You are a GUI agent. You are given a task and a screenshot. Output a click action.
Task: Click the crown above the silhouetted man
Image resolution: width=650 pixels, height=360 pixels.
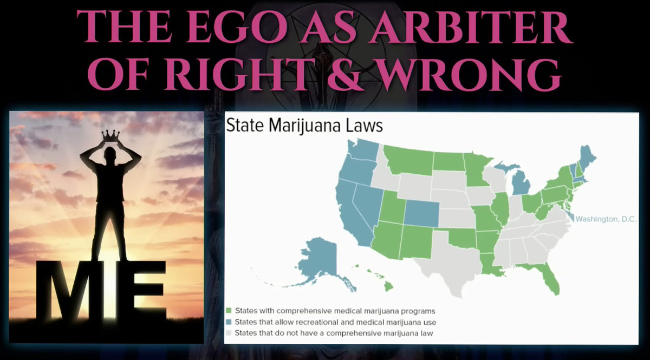click(110, 136)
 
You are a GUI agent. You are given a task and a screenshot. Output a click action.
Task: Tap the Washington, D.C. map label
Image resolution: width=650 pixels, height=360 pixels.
click(606, 219)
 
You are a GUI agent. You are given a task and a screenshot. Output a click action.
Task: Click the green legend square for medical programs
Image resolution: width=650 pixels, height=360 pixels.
click(229, 311)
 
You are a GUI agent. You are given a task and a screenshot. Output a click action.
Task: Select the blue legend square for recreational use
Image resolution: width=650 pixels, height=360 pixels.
click(229, 322)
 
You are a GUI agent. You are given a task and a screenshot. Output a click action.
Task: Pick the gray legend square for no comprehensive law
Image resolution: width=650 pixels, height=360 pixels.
click(229, 333)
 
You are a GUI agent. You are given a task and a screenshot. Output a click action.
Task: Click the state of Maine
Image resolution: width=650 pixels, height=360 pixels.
click(587, 160)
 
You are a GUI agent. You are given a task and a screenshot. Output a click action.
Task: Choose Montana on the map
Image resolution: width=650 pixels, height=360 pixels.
click(409, 159)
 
